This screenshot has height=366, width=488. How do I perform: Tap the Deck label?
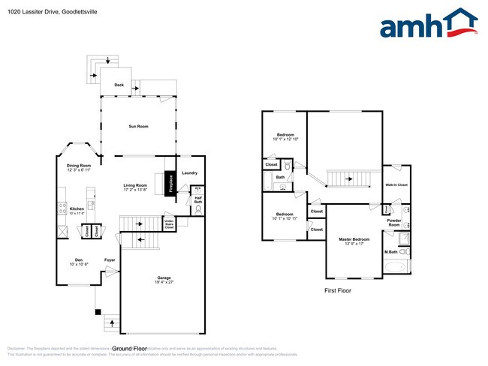[x=119, y=85]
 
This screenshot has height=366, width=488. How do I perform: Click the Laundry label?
[x=189, y=173]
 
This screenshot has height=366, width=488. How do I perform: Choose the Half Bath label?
[x=198, y=200]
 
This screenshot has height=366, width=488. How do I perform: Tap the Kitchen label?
[x=77, y=209]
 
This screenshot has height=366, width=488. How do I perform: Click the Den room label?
[x=78, y=259]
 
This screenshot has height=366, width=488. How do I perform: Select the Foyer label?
[x=110, y=259]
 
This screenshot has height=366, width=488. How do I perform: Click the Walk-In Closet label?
[x=396, y=184]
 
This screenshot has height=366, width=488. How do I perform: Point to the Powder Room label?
[x=394, y=223]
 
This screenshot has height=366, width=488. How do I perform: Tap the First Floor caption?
[x=338, y=290]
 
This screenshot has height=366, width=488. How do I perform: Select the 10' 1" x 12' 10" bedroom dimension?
[x=285, y=139]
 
